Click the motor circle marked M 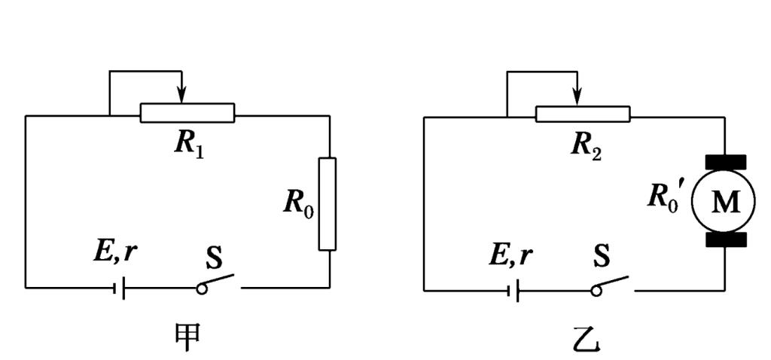point(725,201)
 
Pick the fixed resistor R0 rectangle point(328,203)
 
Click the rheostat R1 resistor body point(187,114)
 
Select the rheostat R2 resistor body point(583,114)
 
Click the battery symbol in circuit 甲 point(120,288)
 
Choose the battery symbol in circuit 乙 point(515,288)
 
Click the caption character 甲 point(187,336)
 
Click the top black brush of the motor point(725,161)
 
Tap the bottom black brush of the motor point(725,239)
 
